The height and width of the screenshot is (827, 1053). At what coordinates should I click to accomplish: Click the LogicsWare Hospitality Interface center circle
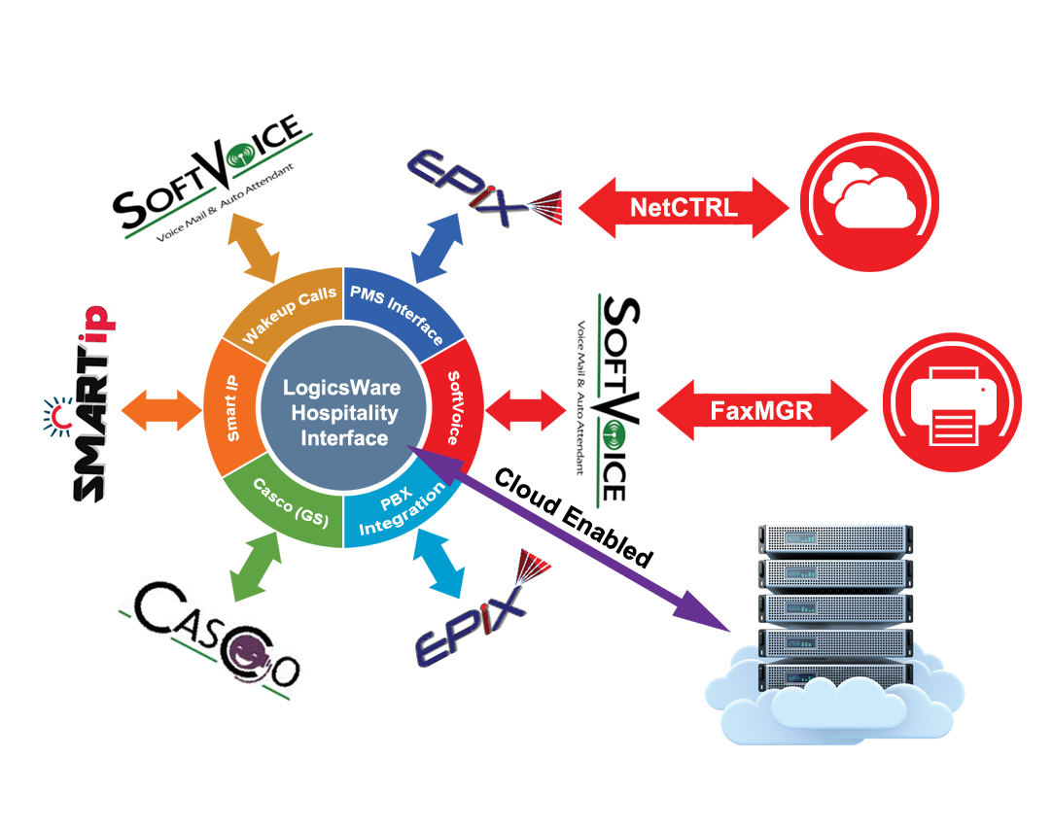343,412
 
